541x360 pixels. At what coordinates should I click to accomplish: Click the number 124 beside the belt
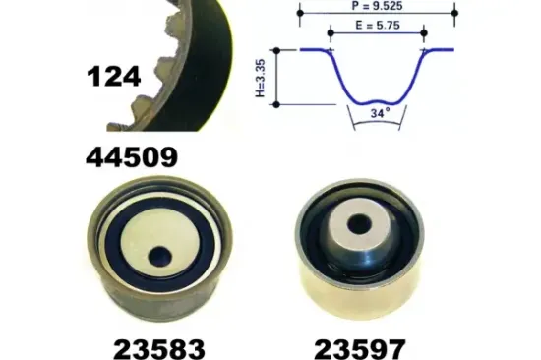(114, 77)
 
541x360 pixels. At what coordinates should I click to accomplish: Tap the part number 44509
(132, 157)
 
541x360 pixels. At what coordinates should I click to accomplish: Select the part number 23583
(159, 349)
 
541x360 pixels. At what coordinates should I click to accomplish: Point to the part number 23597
(360, 349)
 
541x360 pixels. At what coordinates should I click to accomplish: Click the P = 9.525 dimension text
(377, 6)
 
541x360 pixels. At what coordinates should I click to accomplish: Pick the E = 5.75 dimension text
(378, 26)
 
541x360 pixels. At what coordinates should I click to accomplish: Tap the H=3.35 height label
(261, 78)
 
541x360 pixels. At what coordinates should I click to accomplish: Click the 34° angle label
(381, 113)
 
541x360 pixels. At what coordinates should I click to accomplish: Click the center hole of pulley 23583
(159, 257)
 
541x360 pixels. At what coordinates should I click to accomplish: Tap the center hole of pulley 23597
(359, 224)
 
